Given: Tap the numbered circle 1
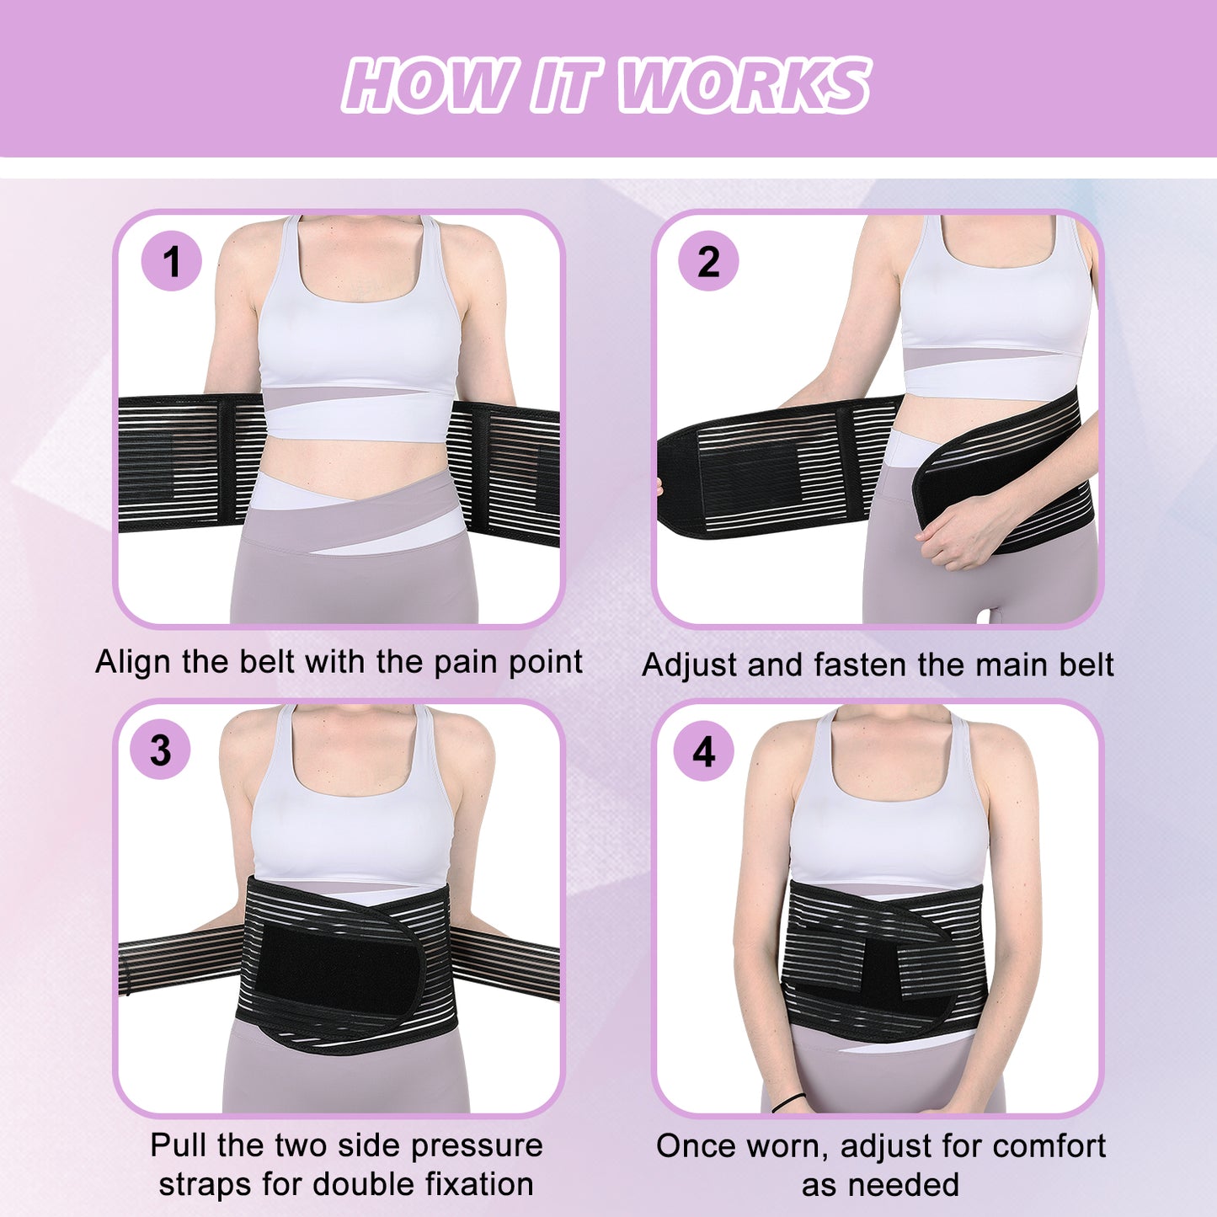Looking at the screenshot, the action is [171, 261].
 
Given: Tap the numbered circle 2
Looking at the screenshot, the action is [708, 261].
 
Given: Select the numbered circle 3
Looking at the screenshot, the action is [160, 750].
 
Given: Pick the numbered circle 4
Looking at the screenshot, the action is [703, 751].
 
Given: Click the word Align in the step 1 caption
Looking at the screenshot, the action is [132, 663].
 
